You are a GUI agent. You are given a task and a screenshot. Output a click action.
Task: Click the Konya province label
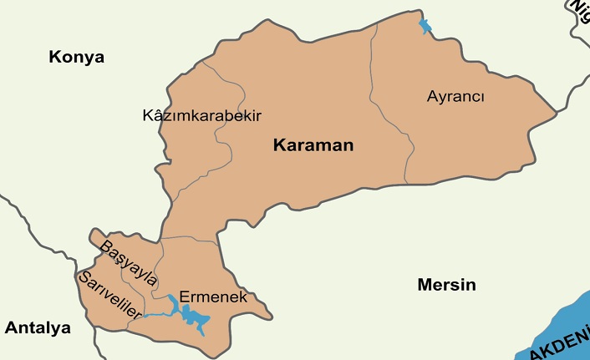pyautogui.click(x=76, y=58)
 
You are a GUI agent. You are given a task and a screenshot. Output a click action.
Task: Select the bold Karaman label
pyautogui.click(x=313, y=145)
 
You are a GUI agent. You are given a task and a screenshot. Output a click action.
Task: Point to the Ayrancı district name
pyautogui.click(x=455, y=96)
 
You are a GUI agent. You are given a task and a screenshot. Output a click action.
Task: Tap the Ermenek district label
pyautogui.click(x=208, y=297)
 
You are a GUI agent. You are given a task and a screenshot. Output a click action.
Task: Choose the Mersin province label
pyautogui.click(x=446, y=285)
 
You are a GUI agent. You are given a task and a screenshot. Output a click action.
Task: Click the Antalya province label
pyautogui.click(x=38, y=327)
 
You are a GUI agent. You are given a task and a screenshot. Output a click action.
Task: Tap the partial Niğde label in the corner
pyautogui.click(x=578, y=8)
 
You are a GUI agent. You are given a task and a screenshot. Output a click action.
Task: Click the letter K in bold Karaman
pyautogui.click(x=279, y=145)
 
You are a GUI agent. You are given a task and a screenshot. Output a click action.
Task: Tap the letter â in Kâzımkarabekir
pyautogui.click(x=156, y=115)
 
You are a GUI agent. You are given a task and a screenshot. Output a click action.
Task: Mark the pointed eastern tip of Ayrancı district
pyautogui.click(x=556, y=111)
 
